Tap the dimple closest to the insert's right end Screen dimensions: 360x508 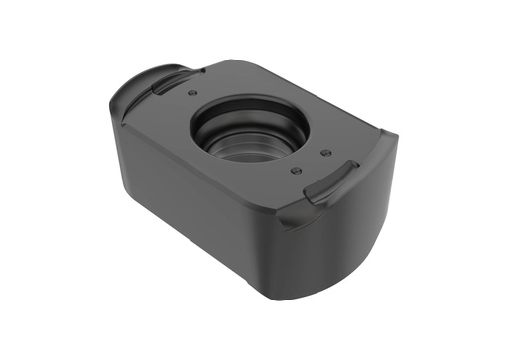[325, 153]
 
